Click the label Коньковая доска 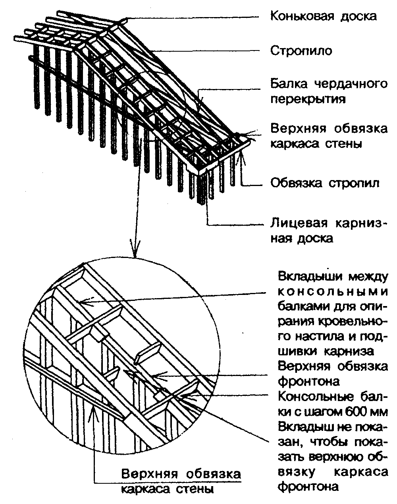tap(324, 16)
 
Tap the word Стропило tap(301, 51)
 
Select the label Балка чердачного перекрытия tap(329, 91)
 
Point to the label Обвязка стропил tap(325, 183)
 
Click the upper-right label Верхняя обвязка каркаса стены tap(329, 136)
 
